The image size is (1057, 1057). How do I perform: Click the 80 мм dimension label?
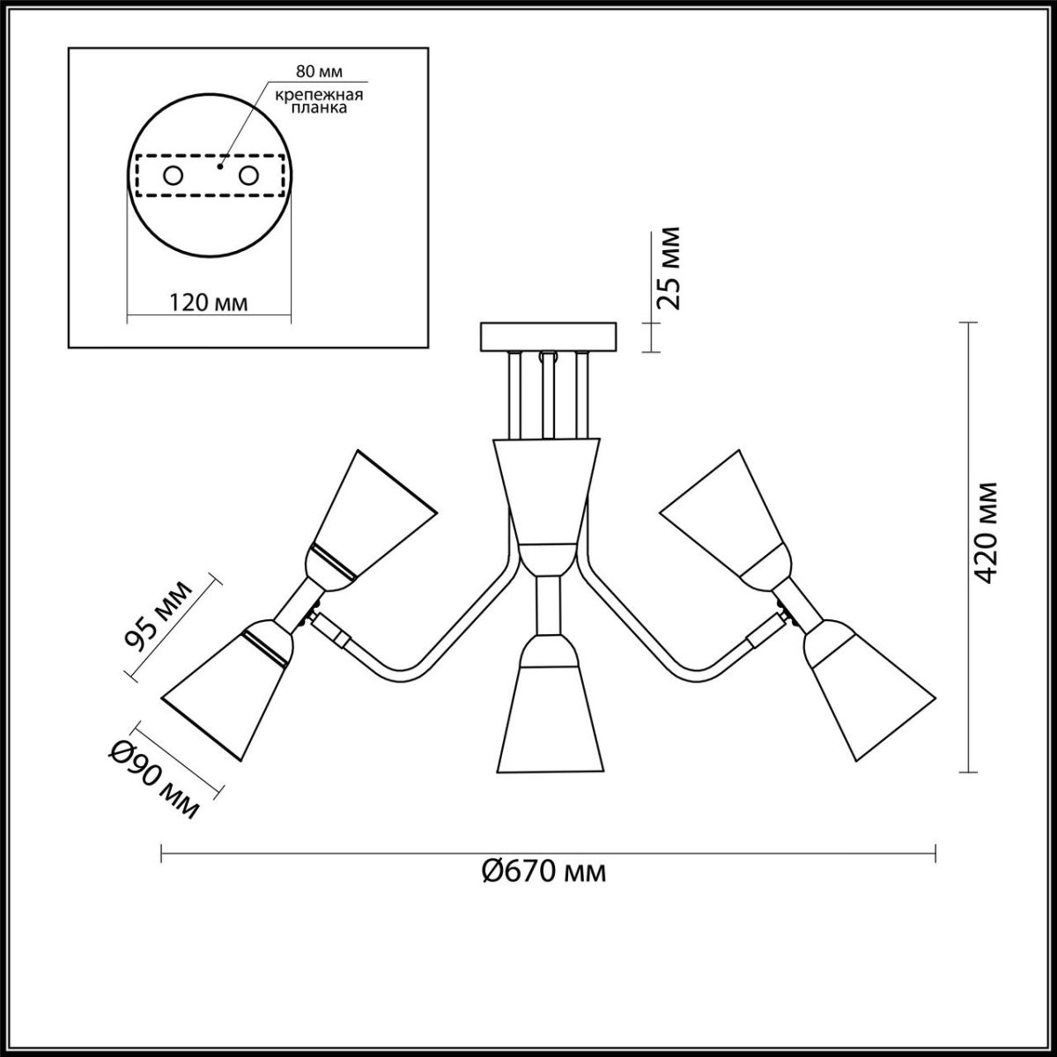pyautogui.click(x=319, y=72)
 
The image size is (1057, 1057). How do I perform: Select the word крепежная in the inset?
pyautogui.click(x=319, y=95)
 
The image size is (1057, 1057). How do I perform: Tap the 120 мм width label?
pyautogui.click(x=208, y=303)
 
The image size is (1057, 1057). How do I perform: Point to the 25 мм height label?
pyautogui.click(x=669, y=268)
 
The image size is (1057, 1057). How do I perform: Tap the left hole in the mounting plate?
pyautogui.click(x=174, y=176)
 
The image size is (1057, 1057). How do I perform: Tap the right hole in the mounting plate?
pyautogui.click(x=248, y=176)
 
